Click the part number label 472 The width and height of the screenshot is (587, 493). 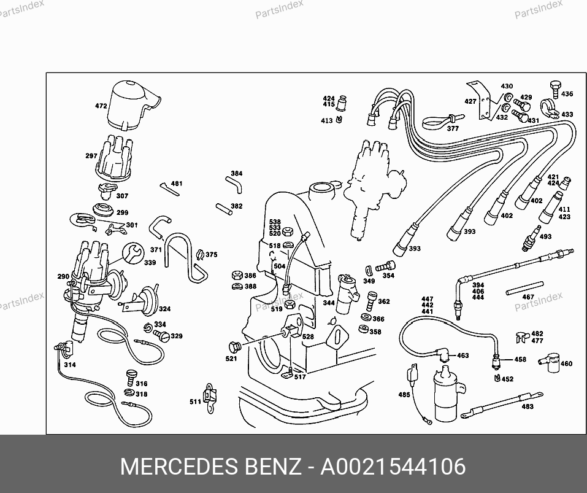click(101, 106)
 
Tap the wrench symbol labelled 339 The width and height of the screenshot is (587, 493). click(133, 252)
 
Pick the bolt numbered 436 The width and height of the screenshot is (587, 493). click(556, 89)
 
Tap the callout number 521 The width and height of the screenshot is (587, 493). click(231, 359)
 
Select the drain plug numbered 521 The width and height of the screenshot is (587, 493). click(235, 347)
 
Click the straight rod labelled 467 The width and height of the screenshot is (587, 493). click(524, 288)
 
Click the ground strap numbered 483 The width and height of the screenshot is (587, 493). click(502, 405)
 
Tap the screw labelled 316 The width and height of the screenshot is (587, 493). click(131, 378)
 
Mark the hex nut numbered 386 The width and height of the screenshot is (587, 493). click(237, 275)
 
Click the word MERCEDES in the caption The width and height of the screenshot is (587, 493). click(179, 467)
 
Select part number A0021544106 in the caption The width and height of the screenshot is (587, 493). click(393, 467)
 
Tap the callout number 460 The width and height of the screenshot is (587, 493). click(566, 363)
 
